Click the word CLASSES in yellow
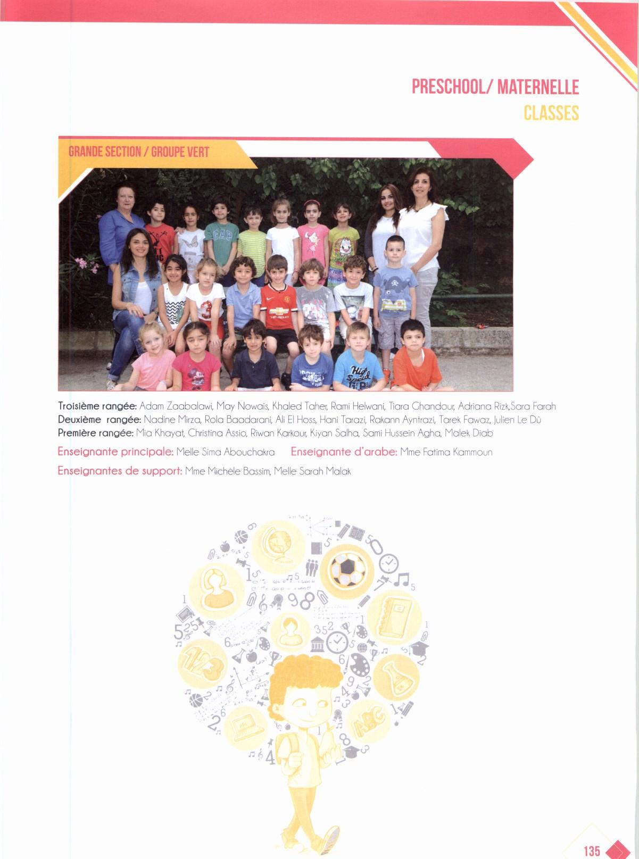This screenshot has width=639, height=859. [551, 113]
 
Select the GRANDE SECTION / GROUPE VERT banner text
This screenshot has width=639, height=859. [139, 152]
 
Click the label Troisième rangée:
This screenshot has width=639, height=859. [97, 407]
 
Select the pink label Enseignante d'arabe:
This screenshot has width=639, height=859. [344, 453]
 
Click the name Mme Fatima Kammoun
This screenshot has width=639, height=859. [446, 453]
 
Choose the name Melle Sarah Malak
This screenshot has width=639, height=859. [312, 471]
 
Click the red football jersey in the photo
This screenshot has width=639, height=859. [278, 307]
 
